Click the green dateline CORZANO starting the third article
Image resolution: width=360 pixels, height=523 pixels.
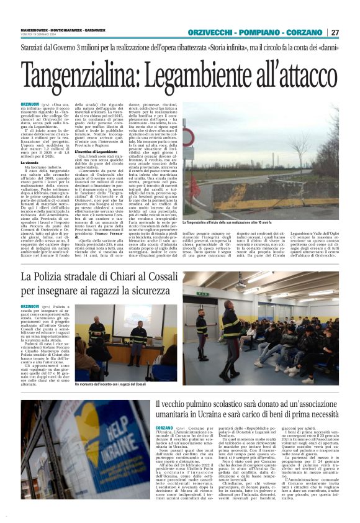pyautogui.click(x=164, y=429)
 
